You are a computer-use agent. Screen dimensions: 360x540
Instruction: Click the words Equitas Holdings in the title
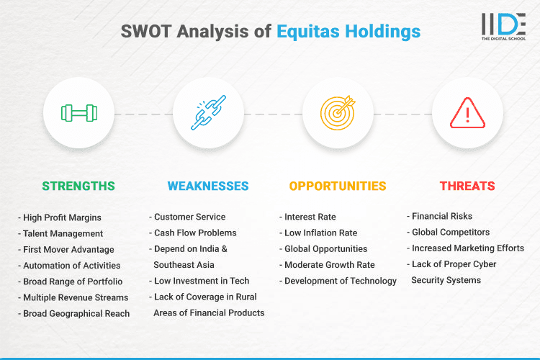point(348,32)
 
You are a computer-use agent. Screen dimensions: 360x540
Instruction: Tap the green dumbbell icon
point(78,113)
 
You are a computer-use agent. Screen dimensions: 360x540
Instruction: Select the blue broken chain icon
point(208,113)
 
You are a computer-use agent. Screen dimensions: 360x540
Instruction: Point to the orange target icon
point(338,113)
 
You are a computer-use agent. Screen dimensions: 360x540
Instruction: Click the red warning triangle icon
point(467,113)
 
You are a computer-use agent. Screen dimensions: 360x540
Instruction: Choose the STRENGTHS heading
point(78,186)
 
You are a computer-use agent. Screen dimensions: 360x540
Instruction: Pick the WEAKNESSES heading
point(208,186)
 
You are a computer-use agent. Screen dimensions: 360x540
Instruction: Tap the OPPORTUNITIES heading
point(338,186)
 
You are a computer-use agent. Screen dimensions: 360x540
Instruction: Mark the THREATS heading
point(467,186)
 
